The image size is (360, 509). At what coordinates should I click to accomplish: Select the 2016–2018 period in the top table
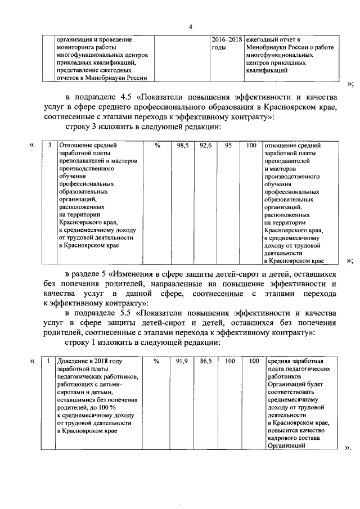226,40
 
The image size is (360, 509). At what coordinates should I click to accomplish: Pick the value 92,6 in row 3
204,145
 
